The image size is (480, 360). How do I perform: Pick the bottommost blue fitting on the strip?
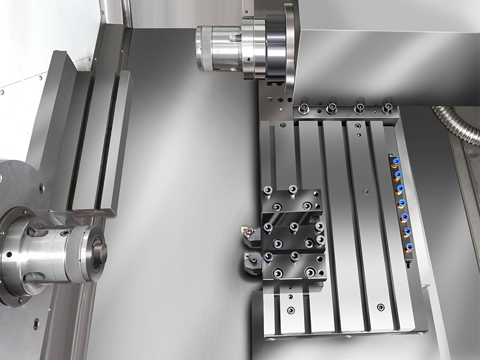pos(409,247)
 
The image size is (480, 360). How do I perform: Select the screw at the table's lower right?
pos(380,307)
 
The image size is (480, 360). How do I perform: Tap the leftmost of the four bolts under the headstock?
pos(304,109)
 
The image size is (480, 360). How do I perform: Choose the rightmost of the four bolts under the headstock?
pos(387,109)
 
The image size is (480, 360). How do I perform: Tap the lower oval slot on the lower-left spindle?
pos(35,277)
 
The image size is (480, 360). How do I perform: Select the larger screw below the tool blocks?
pos(291,310)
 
